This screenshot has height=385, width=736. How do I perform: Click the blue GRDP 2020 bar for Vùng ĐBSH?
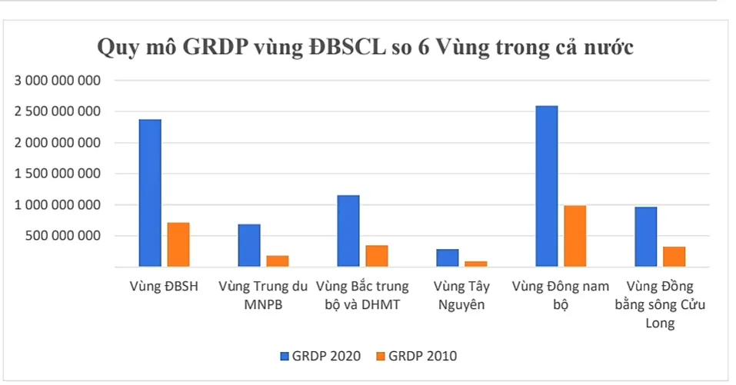coord(150,193)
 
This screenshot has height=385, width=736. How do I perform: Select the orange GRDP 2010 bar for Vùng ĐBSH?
coord(178,244)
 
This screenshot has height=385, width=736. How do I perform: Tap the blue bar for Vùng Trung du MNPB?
coord(249,245)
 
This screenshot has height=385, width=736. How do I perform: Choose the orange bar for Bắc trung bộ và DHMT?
coord(376,256)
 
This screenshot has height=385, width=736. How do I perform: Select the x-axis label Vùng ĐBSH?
coord(163,287)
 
